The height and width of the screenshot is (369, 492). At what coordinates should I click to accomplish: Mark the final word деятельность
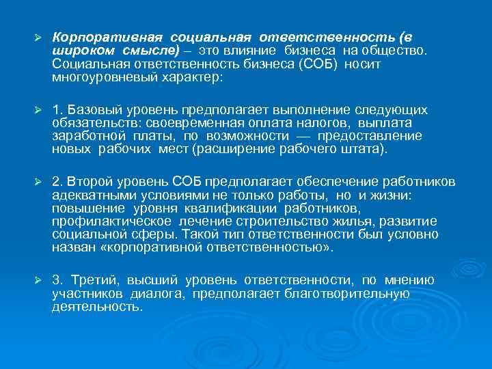(96, 307)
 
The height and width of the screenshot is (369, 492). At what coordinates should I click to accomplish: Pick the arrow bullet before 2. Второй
(39, 181)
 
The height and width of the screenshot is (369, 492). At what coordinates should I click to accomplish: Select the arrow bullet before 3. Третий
(39, 280)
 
